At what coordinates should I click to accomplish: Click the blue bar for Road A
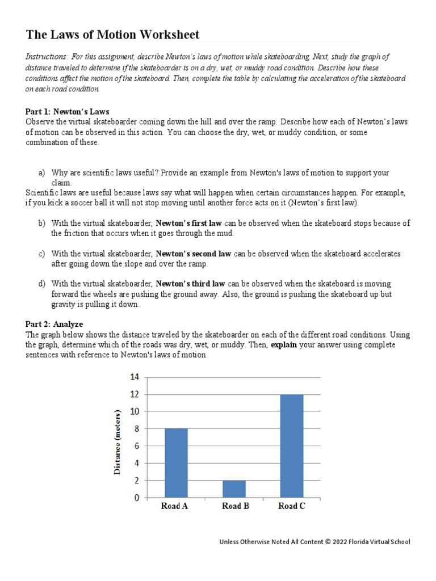pos(175,463)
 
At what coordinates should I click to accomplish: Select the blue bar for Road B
pos(233,489)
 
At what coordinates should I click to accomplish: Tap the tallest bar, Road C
pos(291,445)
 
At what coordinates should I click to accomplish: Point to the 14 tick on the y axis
pos(135,377)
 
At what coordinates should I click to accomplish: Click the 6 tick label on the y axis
pos(135,446)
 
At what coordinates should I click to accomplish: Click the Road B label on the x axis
pos(234,506)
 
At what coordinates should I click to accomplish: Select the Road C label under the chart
pos(292,506)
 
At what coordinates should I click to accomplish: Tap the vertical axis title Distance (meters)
pos(118,441)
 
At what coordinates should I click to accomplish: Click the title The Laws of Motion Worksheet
pos(112,35)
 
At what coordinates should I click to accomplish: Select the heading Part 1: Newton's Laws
pos(68,111)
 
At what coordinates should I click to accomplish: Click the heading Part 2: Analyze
pos(54,324)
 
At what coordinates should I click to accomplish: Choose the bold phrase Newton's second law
pos(193,254)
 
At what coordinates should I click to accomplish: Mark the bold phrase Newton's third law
pos(191,284)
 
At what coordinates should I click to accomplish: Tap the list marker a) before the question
pos(42,172)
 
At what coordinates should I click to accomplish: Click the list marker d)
pos(42,284)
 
